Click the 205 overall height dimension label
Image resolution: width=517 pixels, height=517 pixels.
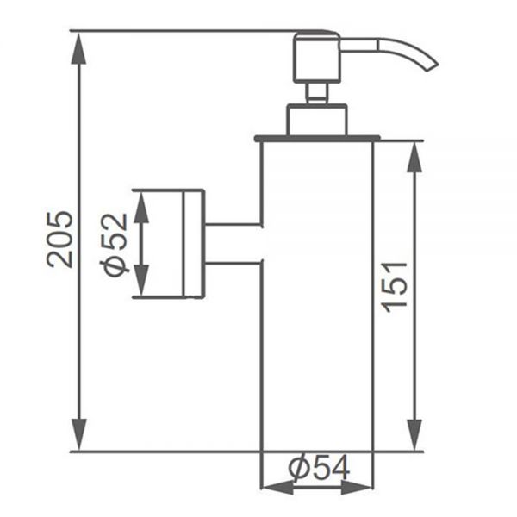tap(59, 239)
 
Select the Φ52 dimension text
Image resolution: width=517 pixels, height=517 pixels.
tap(114, 245)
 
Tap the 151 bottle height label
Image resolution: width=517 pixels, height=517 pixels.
tap(395, 287)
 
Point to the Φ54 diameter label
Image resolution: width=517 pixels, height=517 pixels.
tap(319, 467)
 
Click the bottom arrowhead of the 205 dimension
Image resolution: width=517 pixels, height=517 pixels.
tap(78, 434)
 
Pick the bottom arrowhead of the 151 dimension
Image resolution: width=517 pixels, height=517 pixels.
tap(414, 434)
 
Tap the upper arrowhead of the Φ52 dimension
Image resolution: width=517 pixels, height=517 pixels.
tap(141, 207)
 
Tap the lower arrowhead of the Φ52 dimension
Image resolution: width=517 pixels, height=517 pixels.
tap(141, 280)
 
